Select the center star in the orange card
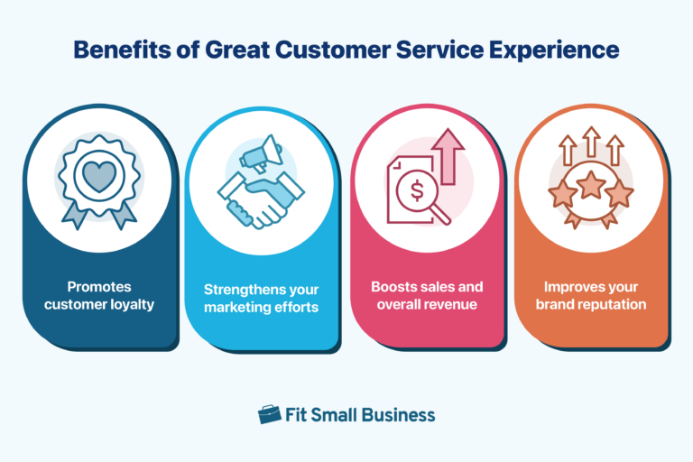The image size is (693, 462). click(591, 186)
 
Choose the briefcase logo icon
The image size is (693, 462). click(269, 415)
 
